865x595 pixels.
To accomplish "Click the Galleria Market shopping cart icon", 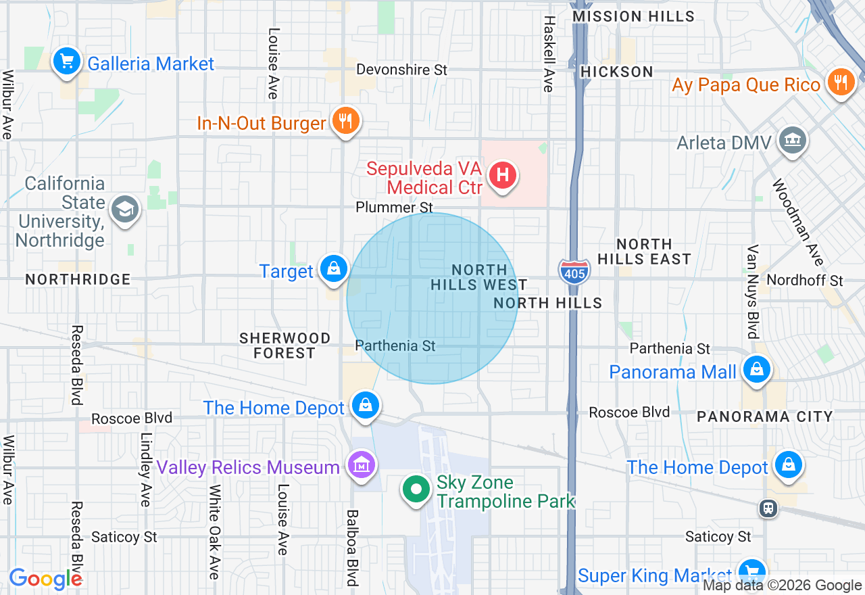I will (x=66, y=62).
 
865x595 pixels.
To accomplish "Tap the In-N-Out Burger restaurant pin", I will (x=345, y=121).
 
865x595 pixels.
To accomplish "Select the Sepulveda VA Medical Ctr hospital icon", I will (x=502, y=176).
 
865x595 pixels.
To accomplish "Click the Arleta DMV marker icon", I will (x=791, y=141).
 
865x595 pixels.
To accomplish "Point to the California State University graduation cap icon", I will (x=124, y=210).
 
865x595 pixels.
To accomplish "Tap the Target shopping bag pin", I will (x=334, y=269).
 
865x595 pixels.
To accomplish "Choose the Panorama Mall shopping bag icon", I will (x=756, y=370).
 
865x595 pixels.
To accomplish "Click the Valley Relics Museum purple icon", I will (x=361, y=465).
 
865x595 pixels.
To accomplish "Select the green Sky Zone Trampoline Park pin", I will (x=416, y=489).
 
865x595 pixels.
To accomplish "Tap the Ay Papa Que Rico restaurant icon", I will (x=840, y=82).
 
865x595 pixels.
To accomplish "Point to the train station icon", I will (x=767, y=508).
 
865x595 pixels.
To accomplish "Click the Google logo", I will (x=45, y=579).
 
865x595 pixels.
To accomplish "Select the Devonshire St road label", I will (x=401, y=70).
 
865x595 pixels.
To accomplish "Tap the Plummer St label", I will (x=394, y=207).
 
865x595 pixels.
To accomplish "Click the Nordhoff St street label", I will (x=805, y=280).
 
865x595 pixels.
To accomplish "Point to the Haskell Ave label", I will (x=547, y=54).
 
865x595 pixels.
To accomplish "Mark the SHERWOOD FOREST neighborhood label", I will (x=285, y=345).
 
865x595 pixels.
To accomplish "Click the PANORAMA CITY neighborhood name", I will (x=764, y=416).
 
